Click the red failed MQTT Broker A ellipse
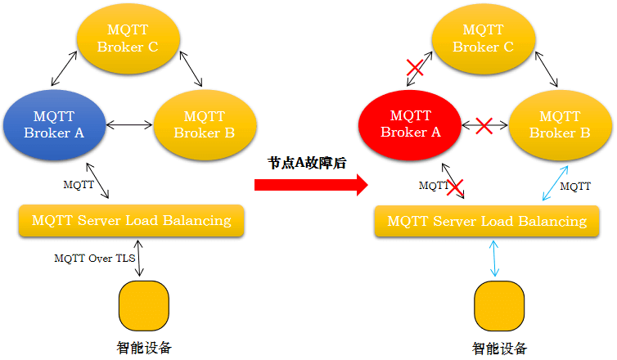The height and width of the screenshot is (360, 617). coord(411,124)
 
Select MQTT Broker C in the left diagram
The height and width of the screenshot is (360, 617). coord(128,38)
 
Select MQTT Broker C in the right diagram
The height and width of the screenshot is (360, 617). coord(484,38)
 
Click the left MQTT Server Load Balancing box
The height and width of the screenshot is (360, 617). coord(132,221)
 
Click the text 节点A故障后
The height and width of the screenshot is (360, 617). coord(307,163)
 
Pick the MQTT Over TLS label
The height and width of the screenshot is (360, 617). coord(95,259)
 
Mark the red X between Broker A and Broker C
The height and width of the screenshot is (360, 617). coord(415,68)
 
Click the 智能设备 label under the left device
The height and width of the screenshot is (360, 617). coord(145,347)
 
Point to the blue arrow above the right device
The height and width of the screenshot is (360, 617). coord(493,258)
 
